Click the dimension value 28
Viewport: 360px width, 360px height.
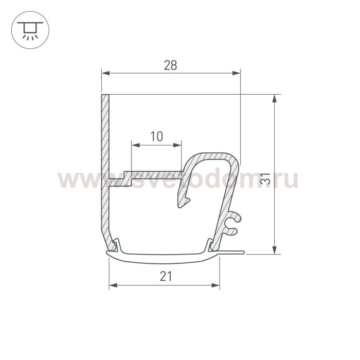coord(170,65)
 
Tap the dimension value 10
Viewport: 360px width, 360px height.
coord(156,136)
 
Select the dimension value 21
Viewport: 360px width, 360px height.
coord(166,276)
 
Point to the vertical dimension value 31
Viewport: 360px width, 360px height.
coord(265,178)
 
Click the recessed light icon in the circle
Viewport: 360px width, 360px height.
coord(30,30)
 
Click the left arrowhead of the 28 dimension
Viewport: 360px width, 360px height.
coord(105,73)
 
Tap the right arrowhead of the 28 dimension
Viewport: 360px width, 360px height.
coord(236,73)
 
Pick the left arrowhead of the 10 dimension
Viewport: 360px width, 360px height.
coord(135,145)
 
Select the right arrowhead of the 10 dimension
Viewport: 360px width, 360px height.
coord(177,145)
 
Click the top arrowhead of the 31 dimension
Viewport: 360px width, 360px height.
coord(274,98)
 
